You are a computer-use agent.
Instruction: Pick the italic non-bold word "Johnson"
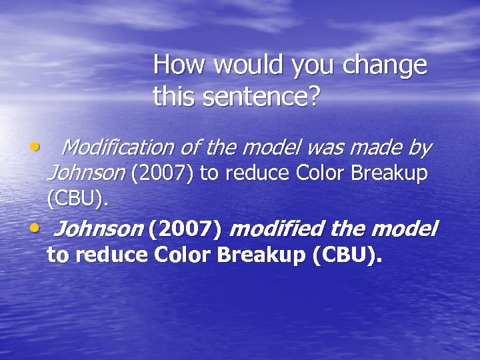tap(86, 174)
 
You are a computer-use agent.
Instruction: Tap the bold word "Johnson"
tap(97, 230)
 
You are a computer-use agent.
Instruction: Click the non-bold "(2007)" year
tap(162, 174)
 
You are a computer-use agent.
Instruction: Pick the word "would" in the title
tap(234, 65)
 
